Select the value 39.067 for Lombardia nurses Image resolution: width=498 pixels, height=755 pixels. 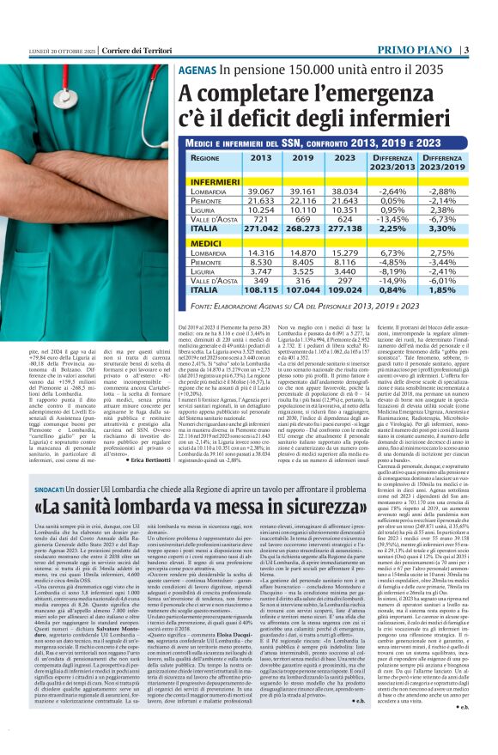point(243,190)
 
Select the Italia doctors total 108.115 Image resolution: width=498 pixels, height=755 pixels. point(243,292)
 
